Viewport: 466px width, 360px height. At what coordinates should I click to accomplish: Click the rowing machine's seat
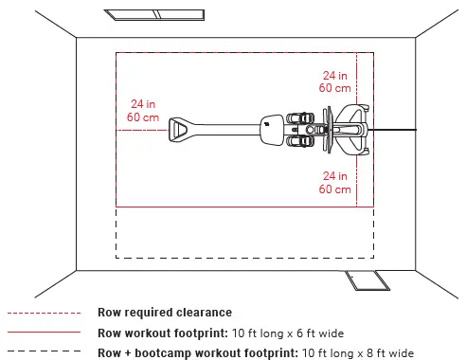pyautogui.click(x=271, y=128)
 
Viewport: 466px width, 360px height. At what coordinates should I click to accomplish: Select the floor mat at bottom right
pyautogui.click(x=363, y=280)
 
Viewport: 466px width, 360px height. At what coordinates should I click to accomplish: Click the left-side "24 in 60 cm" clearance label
pyautogui.click(x=142, y=110)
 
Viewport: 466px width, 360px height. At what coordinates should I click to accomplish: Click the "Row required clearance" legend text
pyautogui.click(x=164, y=312)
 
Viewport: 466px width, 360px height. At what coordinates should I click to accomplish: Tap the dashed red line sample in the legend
pyautogui.click(x=44, y=312)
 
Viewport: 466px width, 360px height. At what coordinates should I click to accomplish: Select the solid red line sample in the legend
pyautogui.click(x=44, y=333)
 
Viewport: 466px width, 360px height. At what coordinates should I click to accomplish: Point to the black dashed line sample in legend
pyautogui.click(x=44, y=352)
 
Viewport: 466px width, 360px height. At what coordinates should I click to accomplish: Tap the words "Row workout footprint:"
pyautogui.click(x=162, y=333)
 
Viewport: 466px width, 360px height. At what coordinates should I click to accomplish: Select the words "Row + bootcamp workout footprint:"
pyautogui.click(x=196, y=352)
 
